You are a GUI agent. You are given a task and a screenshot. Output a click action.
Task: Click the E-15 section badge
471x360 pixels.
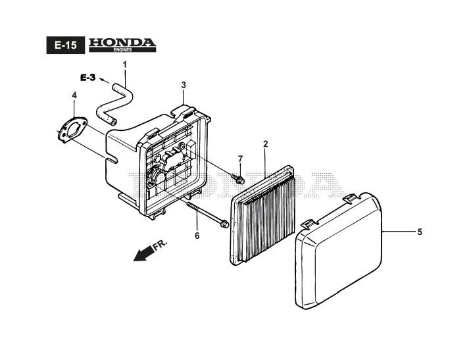(x=66, y=45)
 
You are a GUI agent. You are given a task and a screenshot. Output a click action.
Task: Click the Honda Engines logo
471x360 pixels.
(x=122, y=44)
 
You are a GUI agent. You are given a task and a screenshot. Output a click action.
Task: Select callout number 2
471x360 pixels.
(x=265, y=143)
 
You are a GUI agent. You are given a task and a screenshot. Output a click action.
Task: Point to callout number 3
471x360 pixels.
(x=184, y=85)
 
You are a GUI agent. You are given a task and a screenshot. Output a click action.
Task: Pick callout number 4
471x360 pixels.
(x=74, y=95)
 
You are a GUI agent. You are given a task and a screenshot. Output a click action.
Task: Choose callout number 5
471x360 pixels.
(x=419, y=232)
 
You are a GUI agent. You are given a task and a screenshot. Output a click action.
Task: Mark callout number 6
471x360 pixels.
(x=195, y=235)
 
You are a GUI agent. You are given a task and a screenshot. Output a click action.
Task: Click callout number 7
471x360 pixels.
(x=240, y=159)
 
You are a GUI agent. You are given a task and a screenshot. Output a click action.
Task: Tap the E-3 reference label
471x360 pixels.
(x=88, y=78)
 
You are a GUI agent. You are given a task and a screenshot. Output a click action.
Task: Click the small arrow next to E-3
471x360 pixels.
(x=103, y=80)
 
